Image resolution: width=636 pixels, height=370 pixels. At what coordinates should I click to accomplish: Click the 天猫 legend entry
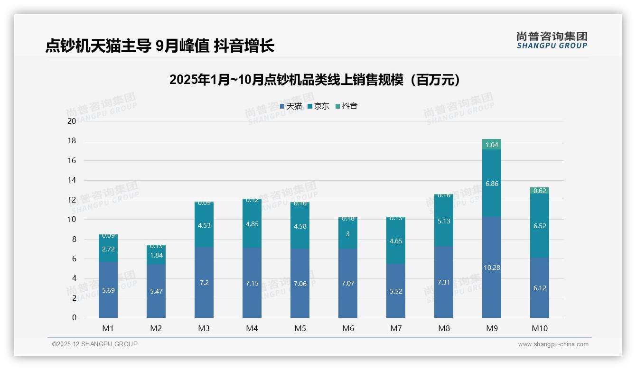click(x=291, y=106)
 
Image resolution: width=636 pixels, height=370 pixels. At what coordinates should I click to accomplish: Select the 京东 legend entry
click(x=318, y=106)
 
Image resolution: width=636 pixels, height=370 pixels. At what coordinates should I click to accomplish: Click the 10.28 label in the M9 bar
click(x=492, y=268)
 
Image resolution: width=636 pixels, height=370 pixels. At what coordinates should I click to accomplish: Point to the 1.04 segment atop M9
click(x=492, y=145)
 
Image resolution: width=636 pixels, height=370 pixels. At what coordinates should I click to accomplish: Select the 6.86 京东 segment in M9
click(x=492, y=184)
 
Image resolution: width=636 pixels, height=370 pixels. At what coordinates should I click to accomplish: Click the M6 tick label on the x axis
click(x=348, y=328)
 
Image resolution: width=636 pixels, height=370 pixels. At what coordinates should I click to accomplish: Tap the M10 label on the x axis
click(x=540, y=328)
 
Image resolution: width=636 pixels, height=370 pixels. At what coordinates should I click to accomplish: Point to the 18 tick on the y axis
click(x=72, y=141)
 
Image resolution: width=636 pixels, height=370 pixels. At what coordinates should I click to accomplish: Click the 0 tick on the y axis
click(x=74, y=318)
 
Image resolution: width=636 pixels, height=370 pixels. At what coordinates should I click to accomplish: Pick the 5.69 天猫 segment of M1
click(x=108, y=290)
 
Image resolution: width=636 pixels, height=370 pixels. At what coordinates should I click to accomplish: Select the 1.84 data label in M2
click(x=156, y=255)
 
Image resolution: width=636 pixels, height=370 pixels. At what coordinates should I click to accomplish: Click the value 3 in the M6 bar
click(x=348, y=234)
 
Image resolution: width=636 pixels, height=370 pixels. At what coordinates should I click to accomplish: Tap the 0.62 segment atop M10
click(x=540, y=191)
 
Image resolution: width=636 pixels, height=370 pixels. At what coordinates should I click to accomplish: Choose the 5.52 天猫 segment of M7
click(x=396, y=291)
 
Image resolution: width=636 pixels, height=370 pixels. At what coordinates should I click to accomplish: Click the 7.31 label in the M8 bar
click(x=444, y=282)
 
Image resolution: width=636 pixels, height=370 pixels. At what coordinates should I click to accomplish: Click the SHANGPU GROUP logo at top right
click(x=552, y=40)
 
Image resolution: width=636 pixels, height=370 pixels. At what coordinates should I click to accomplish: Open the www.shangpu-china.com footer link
click(x=553, y=344)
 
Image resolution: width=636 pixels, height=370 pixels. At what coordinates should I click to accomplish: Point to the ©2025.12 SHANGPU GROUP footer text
click(x=95, y=344)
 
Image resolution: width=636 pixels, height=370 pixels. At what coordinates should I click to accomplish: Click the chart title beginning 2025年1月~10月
click(x=315, y=80)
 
